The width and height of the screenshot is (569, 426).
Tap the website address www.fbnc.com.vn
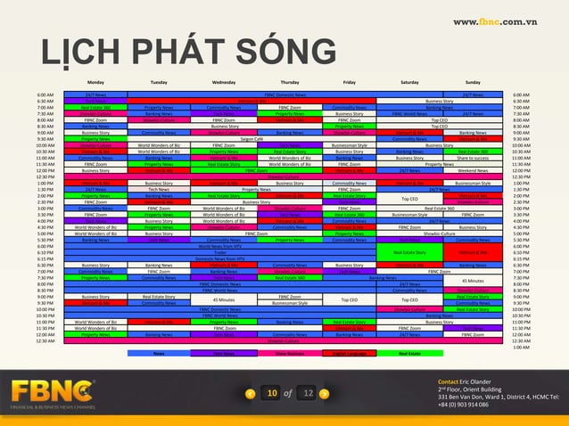[x=506, y=20]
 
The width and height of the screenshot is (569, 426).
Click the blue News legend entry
[x=159, y=353]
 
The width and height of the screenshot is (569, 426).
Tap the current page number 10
[x=272, y=393]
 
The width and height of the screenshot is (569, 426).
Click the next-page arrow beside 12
[x=326, y=393]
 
